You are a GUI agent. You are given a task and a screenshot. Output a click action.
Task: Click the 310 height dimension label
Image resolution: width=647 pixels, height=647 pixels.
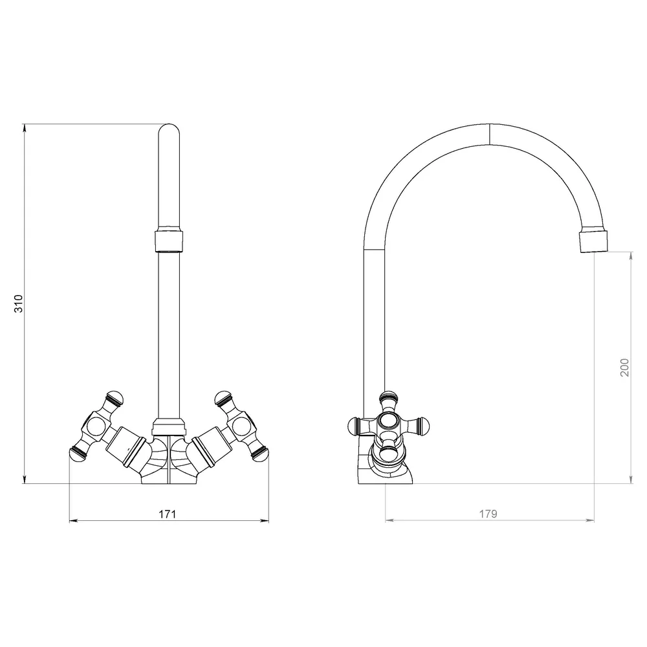point(19,303)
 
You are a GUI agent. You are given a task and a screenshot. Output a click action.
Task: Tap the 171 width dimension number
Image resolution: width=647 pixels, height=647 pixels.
point(168,514)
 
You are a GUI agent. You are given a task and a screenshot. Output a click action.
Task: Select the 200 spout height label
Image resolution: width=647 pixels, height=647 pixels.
point(625,367)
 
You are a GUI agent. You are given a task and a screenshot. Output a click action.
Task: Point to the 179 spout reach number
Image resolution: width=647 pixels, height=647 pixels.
point(488,514)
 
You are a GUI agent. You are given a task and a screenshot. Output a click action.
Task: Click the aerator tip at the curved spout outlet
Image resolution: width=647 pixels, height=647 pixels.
point(594,241)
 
